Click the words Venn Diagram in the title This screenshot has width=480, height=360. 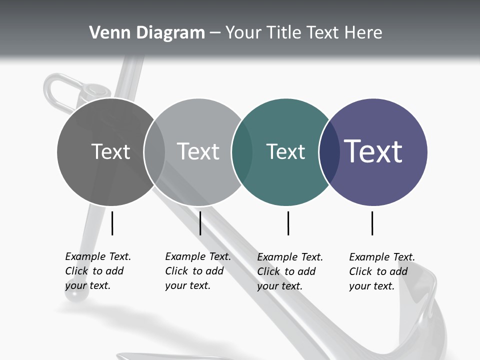[147, 33]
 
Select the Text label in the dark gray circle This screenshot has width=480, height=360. [110, 151]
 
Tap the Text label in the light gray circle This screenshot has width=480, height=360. [198, 151]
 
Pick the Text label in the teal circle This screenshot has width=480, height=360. [285, 151]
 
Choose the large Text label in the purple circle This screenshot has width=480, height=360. [373, 151]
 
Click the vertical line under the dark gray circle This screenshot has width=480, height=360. [112, 223]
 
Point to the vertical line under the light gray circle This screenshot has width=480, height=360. [200, 223]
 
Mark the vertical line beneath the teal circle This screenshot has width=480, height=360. [288, 223]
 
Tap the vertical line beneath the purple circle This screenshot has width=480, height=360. [372, 223]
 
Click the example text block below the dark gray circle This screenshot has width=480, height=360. [97, 271]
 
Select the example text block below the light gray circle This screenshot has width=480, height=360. [197, 271]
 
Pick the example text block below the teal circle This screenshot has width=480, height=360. [289, 271]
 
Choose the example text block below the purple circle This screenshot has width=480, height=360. [381, 271]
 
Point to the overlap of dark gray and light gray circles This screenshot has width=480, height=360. [154, 151]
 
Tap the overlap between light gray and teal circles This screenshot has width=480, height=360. [242, 151]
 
